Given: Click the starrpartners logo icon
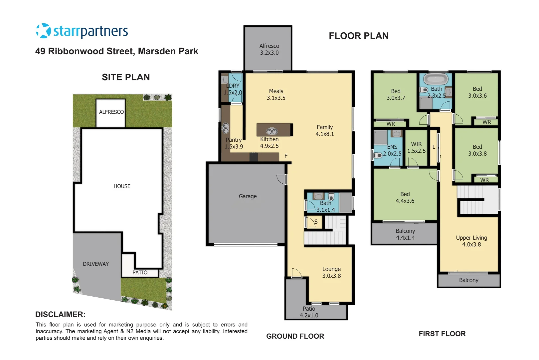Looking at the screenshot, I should click(43, 31).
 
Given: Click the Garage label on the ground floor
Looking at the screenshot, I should click(248, 196).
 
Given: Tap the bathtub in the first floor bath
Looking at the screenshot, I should click(436, 79).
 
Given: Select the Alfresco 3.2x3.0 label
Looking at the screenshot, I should click(269, 49).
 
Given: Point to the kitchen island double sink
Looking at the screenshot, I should click(272, 131).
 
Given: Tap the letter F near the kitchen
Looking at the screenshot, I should click(286, 156).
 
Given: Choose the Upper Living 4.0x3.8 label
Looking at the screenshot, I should click(471, 241).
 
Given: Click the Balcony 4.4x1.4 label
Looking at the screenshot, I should click(405, 234).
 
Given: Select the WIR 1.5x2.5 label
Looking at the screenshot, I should click(416, 147).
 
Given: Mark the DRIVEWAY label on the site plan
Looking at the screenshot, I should click(96, 264).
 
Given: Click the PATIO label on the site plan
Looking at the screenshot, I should click(140, 273).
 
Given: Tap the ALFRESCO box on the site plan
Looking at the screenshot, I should click(111, 112).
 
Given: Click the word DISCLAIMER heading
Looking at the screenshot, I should click(60, 314).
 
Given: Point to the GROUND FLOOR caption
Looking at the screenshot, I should click(295, 336).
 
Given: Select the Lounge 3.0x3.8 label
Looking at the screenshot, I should click(331, 272).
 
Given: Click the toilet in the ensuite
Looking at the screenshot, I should click(378, 155).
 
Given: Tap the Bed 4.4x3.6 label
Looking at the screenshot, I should click(405, 197).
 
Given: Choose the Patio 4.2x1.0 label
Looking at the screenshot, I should click(309, 312).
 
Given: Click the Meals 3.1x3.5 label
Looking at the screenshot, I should click(276, 94).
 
